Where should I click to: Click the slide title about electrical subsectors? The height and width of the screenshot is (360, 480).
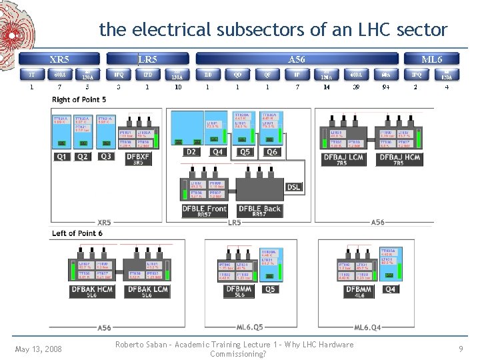click(x=273, y=29)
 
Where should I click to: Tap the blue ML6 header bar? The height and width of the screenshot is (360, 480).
click(x=431, y=59)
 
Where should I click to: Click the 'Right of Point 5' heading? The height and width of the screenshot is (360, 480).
click(x=79, y=99)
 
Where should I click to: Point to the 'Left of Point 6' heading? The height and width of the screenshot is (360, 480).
click(x=77, y=233)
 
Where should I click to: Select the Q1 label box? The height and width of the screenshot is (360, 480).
click(x=61, y=157)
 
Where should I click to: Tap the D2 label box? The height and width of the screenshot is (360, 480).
click(x=191, y=152)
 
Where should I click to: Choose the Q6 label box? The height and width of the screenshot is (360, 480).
click(x=271, y=152)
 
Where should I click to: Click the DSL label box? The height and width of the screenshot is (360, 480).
click(x=293, y=187)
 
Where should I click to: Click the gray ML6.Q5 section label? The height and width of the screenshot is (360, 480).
click(x=250, y=327)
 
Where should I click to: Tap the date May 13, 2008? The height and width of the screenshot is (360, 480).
click(x=39, y=349)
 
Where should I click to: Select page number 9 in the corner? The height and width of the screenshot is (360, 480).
click(x=461, y=349)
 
